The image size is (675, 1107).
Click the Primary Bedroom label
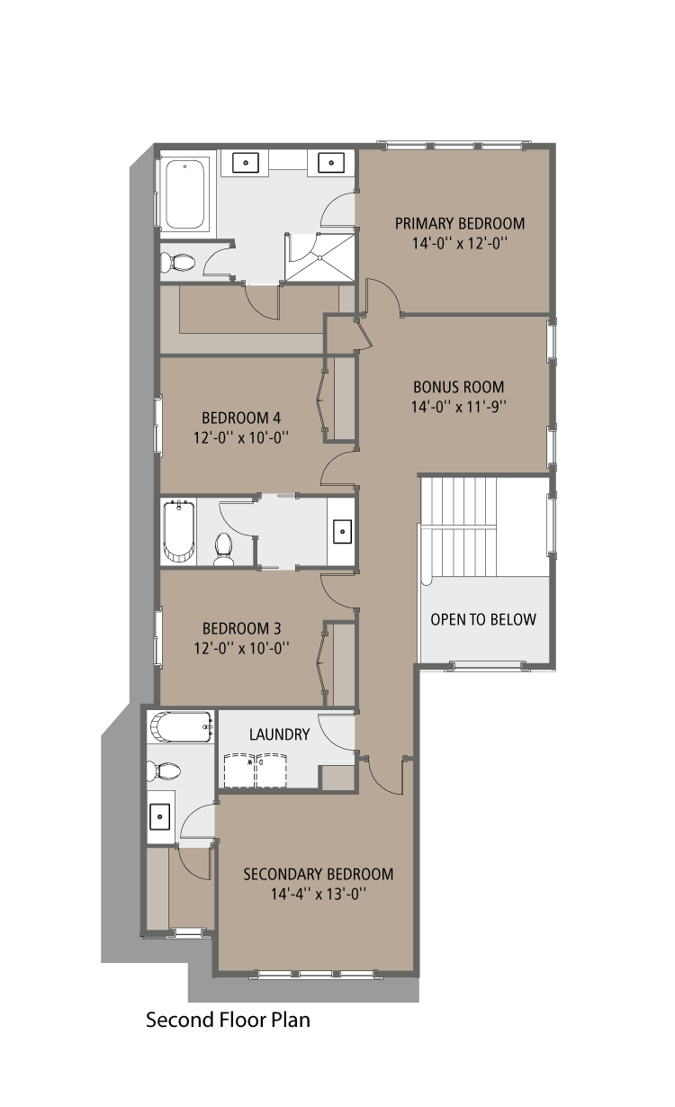(x=459, y=224)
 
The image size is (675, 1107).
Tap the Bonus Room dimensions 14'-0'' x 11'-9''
(x=459, y=405)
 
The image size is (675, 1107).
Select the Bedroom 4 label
(x=241, y=418)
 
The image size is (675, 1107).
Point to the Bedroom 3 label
(x=241, y=628)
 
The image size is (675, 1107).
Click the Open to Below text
(x=483, y=619)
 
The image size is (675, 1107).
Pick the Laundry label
(x=279, y=734)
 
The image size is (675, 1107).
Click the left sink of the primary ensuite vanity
(x=246, y=162)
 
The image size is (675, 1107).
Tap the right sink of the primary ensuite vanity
(x=331, y=162)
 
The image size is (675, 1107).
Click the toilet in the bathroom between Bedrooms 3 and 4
(x=223, y=547)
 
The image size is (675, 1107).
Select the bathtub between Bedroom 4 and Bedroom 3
(x=178, y=532)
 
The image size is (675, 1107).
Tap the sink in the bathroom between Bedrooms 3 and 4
(x=343, y=531)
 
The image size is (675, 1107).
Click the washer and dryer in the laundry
(x=256, y=770)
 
